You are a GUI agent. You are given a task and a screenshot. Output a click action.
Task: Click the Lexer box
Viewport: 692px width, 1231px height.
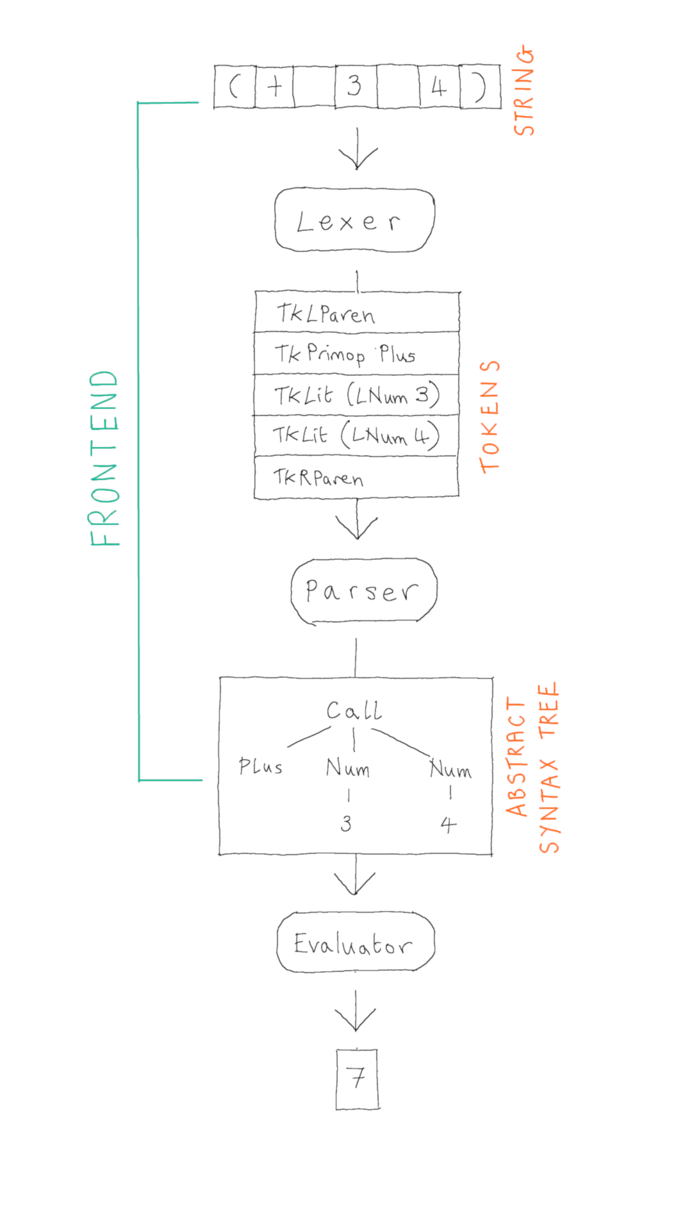[x=354, y=220]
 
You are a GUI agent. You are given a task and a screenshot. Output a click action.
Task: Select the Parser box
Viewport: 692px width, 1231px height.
[x=363, y=590]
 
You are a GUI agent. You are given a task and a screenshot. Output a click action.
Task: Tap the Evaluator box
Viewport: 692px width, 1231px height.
[x=356, y=942]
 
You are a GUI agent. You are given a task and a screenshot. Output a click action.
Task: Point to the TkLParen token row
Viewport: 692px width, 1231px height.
[x=356, y=313]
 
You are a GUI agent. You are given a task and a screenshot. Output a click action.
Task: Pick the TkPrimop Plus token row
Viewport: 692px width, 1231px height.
[x=356, y=353]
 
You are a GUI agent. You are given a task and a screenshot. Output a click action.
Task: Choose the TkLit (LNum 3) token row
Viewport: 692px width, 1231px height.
[x=356, y=395]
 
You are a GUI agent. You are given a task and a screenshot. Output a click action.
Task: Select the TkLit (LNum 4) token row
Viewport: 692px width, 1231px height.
[x=356, y=435]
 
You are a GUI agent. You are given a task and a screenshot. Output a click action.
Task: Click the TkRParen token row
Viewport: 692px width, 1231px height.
[x=356, y=477]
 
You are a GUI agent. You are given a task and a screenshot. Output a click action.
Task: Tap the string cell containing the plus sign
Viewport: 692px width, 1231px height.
[x=274, y=86]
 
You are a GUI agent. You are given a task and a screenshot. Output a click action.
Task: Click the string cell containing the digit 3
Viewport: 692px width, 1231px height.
[x=355, y=86]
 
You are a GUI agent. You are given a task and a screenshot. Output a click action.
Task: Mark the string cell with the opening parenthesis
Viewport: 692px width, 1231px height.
[x=235, y=86]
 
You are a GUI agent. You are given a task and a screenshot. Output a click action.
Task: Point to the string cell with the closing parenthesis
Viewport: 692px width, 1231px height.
[x=480, y=86]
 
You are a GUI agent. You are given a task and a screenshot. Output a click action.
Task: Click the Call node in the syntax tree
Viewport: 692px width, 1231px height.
[x=354, y=710]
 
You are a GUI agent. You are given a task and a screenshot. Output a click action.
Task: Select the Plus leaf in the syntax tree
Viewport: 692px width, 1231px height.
[x=260, y=766]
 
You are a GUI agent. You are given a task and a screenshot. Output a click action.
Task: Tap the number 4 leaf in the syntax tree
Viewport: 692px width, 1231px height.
[x=449, y=824]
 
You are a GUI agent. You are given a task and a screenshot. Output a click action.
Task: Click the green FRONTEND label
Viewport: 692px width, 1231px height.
[x=104, y=458]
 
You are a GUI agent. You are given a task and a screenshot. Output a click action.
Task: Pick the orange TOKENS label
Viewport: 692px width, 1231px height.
[x=490, y=417]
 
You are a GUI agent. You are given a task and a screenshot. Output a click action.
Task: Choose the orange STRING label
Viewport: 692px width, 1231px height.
[x=524, y=90]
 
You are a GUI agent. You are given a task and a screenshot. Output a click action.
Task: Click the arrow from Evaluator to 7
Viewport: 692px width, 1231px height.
[x=356, y=1012]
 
